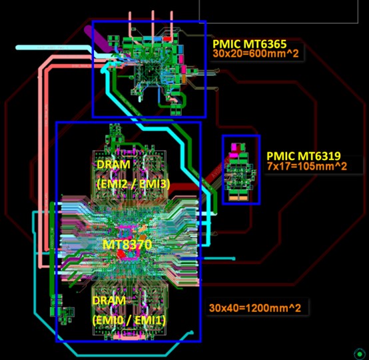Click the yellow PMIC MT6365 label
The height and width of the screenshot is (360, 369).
tap(250, 44)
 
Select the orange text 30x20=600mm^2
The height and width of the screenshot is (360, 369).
tap(256, 54)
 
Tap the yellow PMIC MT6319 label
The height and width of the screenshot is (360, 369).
tap(304, 156)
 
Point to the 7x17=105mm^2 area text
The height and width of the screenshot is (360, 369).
tap(307, 166)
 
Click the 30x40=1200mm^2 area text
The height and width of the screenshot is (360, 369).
tap(255, 308)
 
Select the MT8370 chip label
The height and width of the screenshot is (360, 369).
tap(127, 245)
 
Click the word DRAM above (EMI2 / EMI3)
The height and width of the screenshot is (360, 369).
tap(113, 165)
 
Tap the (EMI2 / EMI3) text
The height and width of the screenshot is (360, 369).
tap(133, 184)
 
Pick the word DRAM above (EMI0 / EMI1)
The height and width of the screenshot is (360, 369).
tap(109, 301)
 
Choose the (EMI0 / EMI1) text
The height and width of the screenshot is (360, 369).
tap(129, 320)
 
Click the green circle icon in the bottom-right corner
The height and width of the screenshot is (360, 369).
tap(360, 354)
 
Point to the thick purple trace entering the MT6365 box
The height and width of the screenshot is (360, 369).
tap(98, 39)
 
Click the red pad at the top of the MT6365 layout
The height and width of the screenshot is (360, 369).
tap(167, 39)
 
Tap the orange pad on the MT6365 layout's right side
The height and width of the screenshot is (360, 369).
tap(184, 79)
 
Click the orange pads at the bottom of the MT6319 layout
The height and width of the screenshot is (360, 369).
tap(238, 199)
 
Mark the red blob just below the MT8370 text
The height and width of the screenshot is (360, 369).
tap(121, 254)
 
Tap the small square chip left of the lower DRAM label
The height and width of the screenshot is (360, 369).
tap(68, 312)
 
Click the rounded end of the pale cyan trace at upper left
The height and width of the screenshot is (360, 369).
tap(17, 47)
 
